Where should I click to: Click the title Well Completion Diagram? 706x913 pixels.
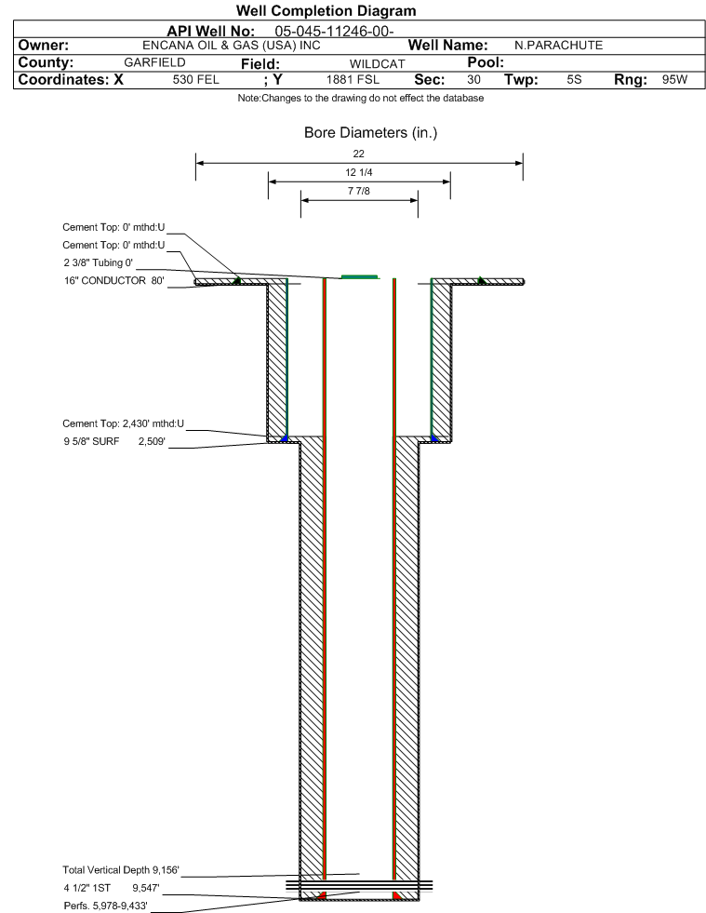pos(326,11)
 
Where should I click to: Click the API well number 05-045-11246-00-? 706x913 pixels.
pos(334,32)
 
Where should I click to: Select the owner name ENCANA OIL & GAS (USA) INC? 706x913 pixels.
pos(232,46)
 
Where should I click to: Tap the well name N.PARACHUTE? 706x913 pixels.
pos(559,46)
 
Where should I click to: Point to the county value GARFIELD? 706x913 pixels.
pos(154,62)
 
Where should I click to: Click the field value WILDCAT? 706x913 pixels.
pos(377,64)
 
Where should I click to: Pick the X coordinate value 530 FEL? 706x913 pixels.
pos(196,80)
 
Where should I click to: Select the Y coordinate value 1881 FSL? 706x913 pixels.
pos(353,80)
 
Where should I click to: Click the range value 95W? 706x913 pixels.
pos(674,80)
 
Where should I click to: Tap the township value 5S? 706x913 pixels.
pos(574,80)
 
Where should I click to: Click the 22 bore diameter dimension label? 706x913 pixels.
pos(358,154)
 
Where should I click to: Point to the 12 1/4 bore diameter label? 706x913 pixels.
pos(358,172)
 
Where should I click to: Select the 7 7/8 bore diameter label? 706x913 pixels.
pos(358,191)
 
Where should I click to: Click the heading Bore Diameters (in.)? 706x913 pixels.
pos(371,133)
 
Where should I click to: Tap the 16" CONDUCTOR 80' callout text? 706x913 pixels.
pos(114,281)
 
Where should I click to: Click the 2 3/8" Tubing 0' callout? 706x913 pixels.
pos(99,262)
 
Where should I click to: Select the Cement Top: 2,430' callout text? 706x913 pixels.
pos(124,423)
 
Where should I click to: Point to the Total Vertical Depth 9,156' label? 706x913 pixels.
pos(121,870)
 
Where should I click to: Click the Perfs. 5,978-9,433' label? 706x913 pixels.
pos(105,906)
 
